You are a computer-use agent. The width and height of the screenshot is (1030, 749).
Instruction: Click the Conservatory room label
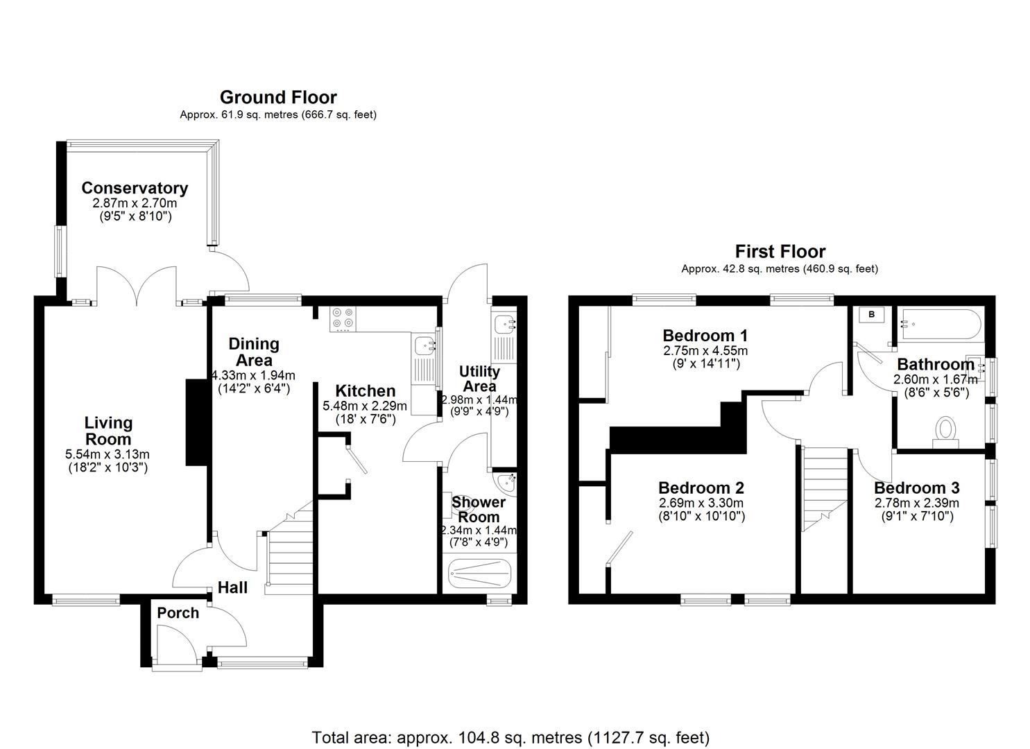point(135,188)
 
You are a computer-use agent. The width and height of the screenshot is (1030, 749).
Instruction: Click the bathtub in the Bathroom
point(940,324)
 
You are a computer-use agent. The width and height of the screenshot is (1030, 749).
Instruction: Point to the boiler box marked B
point(872,315)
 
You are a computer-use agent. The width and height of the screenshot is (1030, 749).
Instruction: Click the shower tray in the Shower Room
point(481,573)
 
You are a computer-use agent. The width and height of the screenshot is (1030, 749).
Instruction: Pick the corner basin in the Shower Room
point(506,481)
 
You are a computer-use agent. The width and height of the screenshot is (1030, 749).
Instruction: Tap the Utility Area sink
point(502,323)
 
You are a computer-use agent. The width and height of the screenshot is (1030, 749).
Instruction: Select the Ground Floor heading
point(278,97)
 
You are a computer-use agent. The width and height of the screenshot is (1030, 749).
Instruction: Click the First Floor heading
point(780,251)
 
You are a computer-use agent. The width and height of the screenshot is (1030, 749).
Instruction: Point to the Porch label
point(178,613)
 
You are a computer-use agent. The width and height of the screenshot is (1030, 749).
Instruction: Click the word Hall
point(232,587)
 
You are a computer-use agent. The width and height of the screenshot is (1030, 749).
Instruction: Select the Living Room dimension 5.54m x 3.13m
point(108,454)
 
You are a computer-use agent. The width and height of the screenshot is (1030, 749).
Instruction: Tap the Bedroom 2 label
point(701,488)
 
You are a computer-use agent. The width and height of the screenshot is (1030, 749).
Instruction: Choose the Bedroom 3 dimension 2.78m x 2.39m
point(916,503)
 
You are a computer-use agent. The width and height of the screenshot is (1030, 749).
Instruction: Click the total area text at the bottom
point(510,737)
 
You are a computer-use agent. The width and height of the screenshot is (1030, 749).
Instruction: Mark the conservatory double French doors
point(137,286)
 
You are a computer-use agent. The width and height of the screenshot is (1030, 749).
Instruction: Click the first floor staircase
point(825,489)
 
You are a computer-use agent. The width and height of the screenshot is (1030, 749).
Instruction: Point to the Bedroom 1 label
point(705,336)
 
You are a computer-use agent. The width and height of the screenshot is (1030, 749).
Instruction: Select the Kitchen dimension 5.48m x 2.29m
point(365,406)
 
